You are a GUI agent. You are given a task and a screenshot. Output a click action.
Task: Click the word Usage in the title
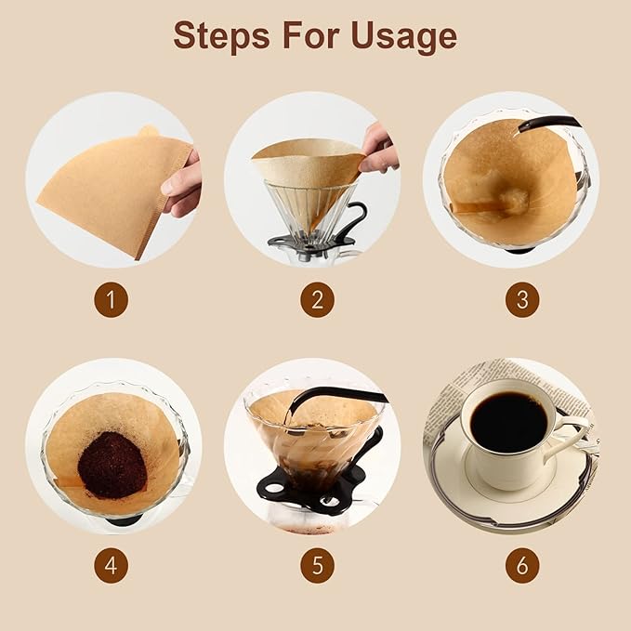coord(401,35)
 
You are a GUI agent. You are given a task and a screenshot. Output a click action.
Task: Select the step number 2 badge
coord(316,300)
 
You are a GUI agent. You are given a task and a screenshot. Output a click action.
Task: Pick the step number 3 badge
coord(521,300)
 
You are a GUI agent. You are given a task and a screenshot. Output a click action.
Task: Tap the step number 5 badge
coord(316,566)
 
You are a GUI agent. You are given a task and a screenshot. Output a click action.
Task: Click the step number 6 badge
coord(521,566)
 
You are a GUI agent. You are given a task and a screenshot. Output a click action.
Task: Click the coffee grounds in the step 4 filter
coord(112,464)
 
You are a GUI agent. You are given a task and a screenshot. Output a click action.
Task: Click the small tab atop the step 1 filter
coord(149,132)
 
